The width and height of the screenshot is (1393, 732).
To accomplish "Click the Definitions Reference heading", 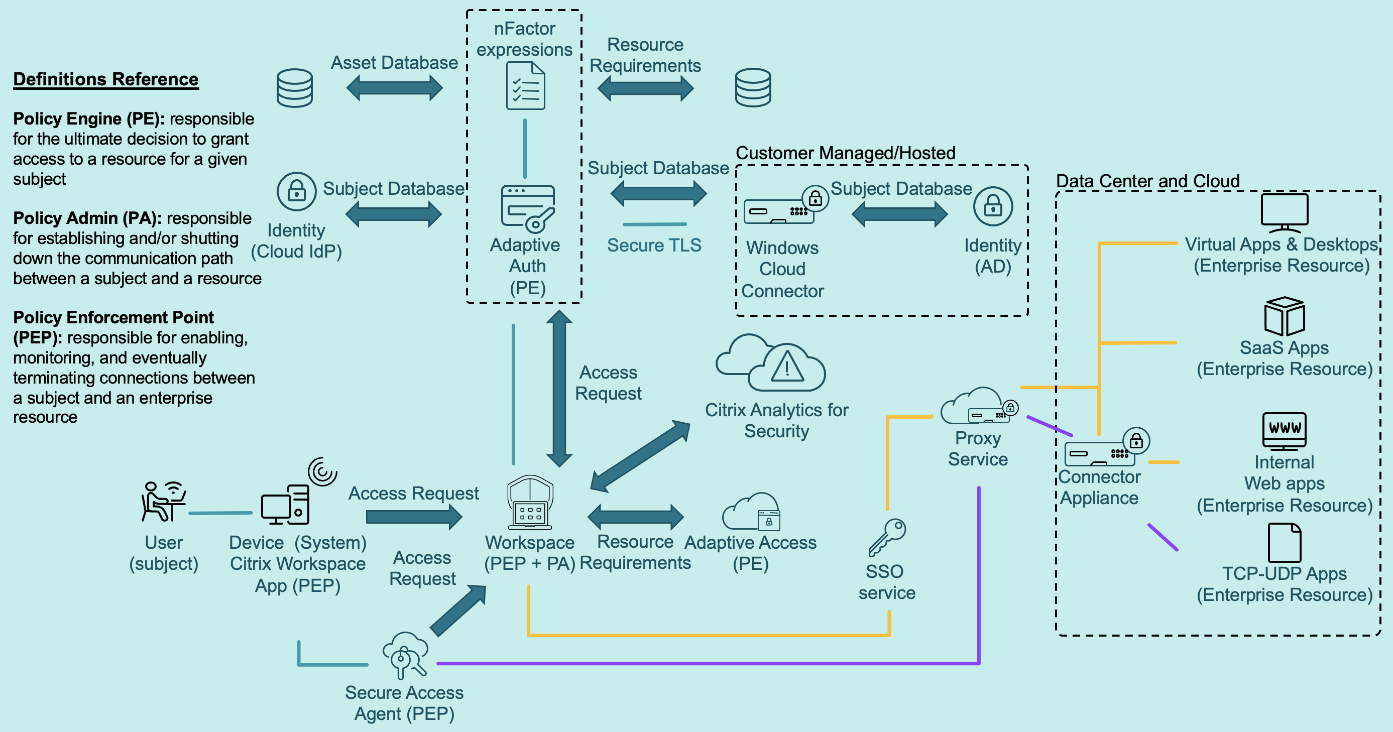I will (106, 79).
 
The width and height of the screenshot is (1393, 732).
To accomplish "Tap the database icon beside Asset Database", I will (294, 87).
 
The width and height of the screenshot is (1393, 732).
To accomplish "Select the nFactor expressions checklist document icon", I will (525, 86).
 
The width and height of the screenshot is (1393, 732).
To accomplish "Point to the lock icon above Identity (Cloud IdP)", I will (296, 191).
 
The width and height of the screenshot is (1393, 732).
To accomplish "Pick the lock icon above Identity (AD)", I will (993, 206).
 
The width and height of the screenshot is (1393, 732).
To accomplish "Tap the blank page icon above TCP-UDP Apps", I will (1285, 542).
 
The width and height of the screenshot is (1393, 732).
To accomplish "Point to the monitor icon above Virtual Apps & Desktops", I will (1285, 212).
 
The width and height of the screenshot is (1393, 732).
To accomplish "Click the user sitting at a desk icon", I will (162, 501).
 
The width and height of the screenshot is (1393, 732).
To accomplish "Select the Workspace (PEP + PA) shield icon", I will (530, 502).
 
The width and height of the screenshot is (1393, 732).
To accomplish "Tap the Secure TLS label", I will (654, 245).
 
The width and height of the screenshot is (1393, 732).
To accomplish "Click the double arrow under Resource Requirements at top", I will (645, 88).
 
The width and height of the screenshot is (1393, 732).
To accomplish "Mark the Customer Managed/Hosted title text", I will (845, 153).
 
